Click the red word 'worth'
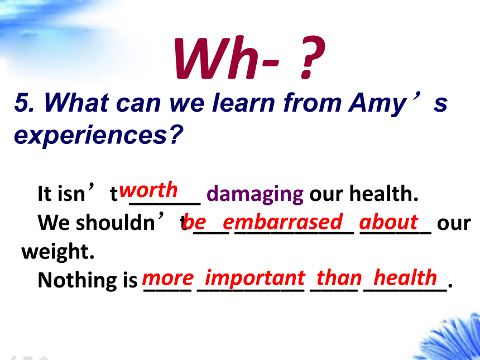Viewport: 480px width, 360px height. point(148,190)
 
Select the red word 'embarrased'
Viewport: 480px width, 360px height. point(282,222)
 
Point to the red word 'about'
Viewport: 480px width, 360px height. point(388,222)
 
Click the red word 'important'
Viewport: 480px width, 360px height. point(255,279)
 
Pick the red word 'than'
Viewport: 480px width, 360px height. point(339,278)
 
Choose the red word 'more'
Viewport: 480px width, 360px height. point(168,279)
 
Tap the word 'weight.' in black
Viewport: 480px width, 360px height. point(58,252)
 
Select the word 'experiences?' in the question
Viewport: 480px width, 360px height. point(98,135)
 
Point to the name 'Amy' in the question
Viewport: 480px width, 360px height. point(377,103)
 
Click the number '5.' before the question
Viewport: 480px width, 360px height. point(24,102)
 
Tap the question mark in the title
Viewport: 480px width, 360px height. point(311,57)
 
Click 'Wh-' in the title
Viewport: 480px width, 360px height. point(227,57)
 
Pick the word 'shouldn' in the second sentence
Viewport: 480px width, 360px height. point(116,223)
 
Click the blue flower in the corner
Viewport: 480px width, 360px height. point(453,340)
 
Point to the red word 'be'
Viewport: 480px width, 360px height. point(194,222)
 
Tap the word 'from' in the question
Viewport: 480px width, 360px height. point(312,102)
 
